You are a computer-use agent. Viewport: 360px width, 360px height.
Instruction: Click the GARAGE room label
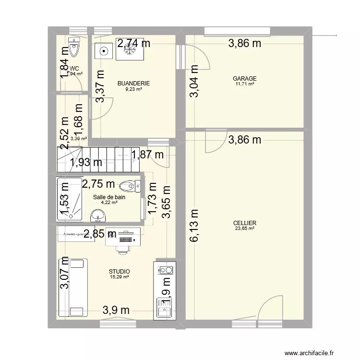[x=244, y=79]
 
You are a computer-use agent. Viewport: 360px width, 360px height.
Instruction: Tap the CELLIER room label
[x=244, y=223]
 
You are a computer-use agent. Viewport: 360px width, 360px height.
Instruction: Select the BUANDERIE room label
[x=133, y=84]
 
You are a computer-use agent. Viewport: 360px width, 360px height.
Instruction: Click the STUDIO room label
[x=120, y=272]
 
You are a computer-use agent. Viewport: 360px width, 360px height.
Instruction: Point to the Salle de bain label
[x=109, y=197]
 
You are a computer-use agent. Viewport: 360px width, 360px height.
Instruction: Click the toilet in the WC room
[x=73, y=47]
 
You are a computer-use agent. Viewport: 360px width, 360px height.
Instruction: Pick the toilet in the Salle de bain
[x=130, y=186]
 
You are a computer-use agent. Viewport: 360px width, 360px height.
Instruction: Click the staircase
[x=98, y=159]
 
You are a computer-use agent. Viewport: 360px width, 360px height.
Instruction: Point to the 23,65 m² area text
[x=244, y=229]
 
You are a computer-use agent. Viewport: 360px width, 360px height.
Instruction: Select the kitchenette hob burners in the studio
[x=165, y=272]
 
